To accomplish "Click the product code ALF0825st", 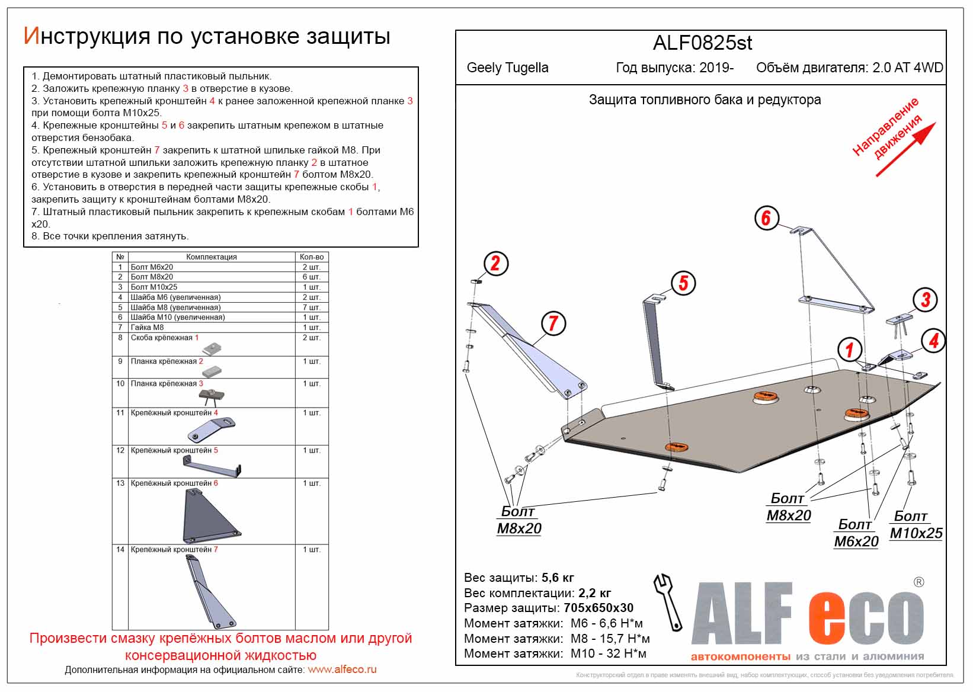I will coord(702,43).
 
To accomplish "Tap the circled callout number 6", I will coord(766,218).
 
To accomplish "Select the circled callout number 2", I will coord(495,264).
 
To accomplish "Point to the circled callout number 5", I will coord(683,283).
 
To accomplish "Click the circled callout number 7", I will coord(553,323).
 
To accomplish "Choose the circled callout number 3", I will coord(925,300).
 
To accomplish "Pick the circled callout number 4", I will coord(933,341).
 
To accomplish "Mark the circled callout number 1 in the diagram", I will coord(849,350).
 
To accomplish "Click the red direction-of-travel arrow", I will coord(905,149).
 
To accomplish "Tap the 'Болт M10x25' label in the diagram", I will coord(916,525).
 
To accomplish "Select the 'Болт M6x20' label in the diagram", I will coord(856,533).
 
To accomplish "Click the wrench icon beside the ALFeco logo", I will coord(668,601).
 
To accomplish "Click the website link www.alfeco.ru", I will coord(342,670).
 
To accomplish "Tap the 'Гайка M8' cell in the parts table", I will coord(148,327).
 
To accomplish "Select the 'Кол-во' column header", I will coord(312,257).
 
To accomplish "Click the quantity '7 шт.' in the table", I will coord(312,307).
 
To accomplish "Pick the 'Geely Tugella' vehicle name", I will coord(507,68).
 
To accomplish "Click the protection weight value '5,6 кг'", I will coord(557,578).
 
